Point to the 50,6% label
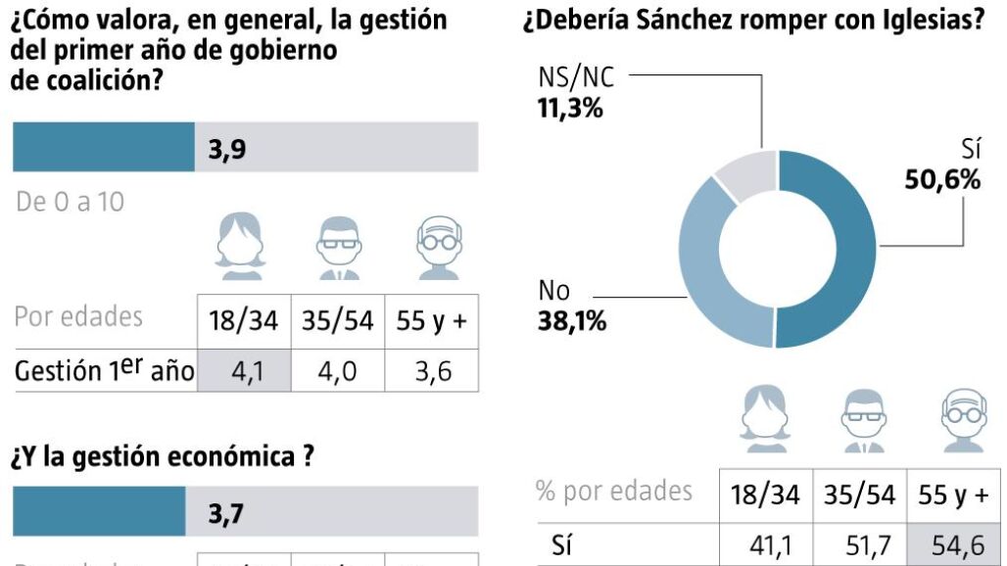940,179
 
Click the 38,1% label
571,320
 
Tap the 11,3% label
570,107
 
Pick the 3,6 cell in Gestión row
432,372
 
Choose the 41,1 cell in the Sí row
767,545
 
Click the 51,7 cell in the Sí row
860,545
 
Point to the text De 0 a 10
71,202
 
